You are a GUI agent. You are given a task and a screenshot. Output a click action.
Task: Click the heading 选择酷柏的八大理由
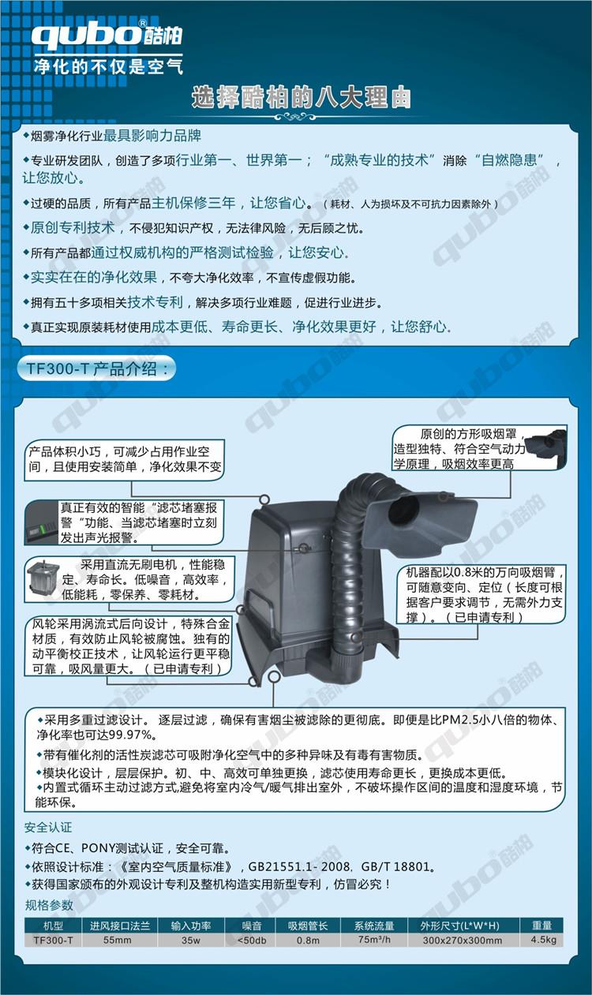coord(301,98)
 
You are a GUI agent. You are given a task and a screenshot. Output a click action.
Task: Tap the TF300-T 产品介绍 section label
coord(96,368)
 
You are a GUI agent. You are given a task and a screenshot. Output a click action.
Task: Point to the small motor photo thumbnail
coord(43,580)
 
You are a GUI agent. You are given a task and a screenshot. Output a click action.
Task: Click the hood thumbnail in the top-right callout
coord(546,446)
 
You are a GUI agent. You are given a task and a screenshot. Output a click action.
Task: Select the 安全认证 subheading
coord(48,828)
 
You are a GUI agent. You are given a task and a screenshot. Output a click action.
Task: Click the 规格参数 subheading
coord(49,906)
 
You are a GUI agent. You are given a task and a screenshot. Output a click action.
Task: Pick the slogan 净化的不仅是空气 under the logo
coord(108,66)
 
